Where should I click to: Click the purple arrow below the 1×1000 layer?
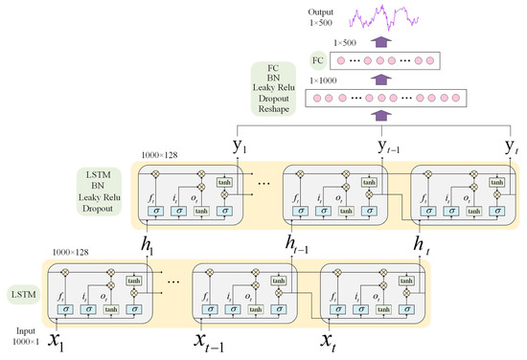coord(381,116)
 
